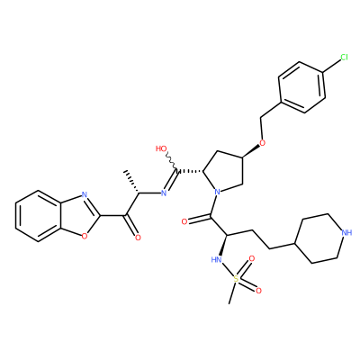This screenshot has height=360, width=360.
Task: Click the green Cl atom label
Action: click(x=344, y=57)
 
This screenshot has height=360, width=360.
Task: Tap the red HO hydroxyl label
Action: click(x=161, y=148)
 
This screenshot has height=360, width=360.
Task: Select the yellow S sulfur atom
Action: click(x=236, y=279)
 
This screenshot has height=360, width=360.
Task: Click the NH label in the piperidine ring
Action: click(x=346, y=232)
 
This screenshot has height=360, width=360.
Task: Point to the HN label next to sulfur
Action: click(x=217, y=259)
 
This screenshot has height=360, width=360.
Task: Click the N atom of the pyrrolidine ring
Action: click(x=218, y=192)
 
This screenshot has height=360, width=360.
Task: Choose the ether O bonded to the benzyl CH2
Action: click(x=263, y=142)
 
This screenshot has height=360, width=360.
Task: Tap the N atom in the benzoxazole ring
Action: click(x=85, y=194)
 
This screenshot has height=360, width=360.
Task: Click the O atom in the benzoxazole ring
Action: click(x=85, y=237)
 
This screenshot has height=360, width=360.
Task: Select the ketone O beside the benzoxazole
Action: click(x=138, y=238)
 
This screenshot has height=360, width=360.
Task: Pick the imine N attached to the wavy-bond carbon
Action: click(x=164, y=193)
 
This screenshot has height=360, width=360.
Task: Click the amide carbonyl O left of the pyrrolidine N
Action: click(x=184, y=222)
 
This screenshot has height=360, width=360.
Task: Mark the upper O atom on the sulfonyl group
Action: click(x=252, y=259)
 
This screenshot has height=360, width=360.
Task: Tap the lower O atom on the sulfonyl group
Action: click(x=258, y=291)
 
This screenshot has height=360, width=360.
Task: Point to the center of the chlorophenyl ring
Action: click(x=301, y=87)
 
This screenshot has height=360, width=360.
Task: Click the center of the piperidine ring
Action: click(x=320, y=238)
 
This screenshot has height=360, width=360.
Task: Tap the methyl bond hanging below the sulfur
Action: click(x=232, y=293)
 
